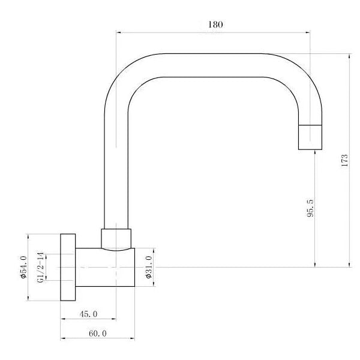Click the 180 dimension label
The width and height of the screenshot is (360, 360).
(215, 25)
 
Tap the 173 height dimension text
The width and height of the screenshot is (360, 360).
(344, 160)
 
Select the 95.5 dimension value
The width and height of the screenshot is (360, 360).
(310, 208)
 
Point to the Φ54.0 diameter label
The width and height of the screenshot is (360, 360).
(23, 267)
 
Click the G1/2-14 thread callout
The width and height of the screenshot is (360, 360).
(40, 267)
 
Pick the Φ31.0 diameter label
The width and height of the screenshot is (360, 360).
(149, 267)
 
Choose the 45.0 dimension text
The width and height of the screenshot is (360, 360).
(88, 314)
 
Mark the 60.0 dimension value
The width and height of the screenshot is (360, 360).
(98, 334)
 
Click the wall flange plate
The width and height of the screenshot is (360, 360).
(68, 267)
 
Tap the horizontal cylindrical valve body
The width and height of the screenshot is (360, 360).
(105, 268)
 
